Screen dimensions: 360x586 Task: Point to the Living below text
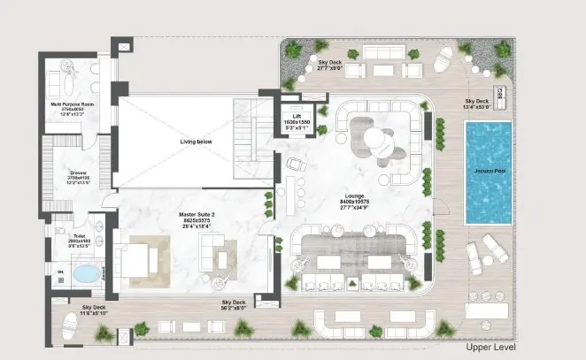pos(199,141)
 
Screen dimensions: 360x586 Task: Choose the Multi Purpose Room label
pos(67,103)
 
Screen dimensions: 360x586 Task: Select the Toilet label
pos(67,236)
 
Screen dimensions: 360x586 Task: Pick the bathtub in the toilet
pos(86,274)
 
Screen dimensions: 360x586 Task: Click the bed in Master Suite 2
pos(140,260)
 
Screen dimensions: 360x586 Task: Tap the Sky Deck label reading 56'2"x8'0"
pos(234,303)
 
